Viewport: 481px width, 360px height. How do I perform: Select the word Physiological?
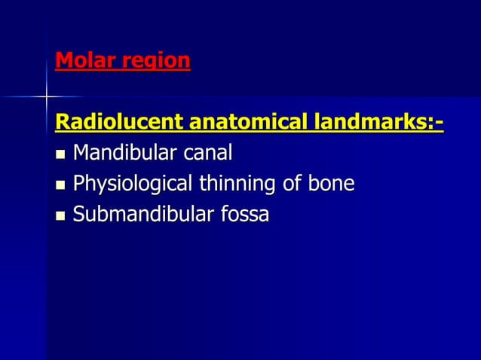pyautogui.click(x=134, y=185)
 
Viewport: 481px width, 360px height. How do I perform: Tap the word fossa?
pyautogui.click(x=244, y=215)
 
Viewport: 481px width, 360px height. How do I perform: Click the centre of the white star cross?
pyautogui.click(x=47, y=96)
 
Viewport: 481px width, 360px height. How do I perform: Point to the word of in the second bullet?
pyautogui.click(x=293, y=184)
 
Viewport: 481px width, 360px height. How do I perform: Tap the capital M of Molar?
pyautogui.click(x=64, y=60)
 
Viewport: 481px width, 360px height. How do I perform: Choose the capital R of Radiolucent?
pyautogui.click(x=63, y=121)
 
